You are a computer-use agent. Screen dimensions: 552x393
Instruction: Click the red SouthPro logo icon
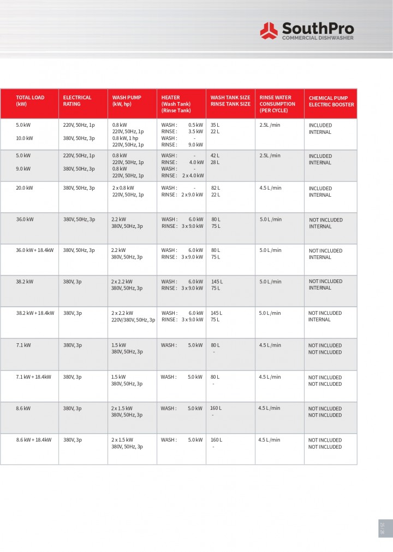pos(269,31)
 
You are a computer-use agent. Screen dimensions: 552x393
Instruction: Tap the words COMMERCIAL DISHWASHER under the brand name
pos(317,38)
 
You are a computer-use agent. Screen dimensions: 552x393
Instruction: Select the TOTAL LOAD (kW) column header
pos(30,101)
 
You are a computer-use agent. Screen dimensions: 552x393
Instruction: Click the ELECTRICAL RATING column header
pos(77,101)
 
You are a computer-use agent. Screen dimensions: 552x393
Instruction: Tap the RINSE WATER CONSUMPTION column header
pos(277,104)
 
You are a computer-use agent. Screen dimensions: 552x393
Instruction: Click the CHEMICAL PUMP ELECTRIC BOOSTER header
pos(331,101)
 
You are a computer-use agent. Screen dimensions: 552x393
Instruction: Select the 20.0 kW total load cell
pos(25,188)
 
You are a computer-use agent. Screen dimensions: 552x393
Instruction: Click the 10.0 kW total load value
pos(25,138)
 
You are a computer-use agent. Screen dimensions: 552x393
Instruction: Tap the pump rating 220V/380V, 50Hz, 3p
pos(133,320)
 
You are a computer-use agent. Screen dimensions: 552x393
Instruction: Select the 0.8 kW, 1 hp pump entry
pos(125,138)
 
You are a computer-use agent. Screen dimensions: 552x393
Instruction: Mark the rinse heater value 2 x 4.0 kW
pos(193,175)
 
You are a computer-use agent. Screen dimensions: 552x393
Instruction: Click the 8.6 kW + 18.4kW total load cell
pos(34,440)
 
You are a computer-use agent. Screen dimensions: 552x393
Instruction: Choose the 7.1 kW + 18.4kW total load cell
pos(34,377)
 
